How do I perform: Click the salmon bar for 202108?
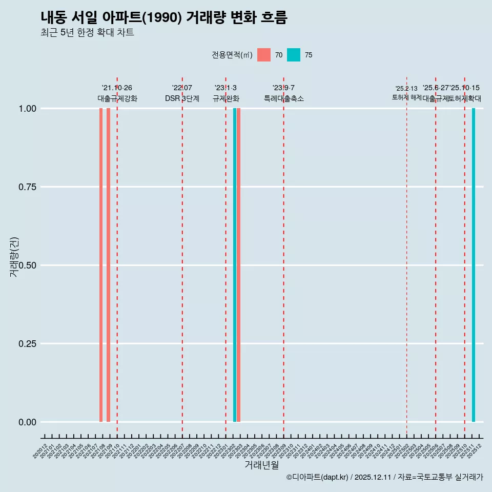(101, 265)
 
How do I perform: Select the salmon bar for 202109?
(108, 265)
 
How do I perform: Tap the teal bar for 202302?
(235, 265)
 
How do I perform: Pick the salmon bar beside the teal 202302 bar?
(239, 265)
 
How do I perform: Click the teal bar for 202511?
(474, 265)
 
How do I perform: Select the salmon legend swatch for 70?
(264, 55)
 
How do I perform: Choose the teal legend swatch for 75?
(294, 55)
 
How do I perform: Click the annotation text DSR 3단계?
(182, 98)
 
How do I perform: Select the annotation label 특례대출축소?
(284, 98)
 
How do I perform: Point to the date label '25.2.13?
(406, 88)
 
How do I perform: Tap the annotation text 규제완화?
(226, 98)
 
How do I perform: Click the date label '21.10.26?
(117, 88)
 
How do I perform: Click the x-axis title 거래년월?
(262, 465)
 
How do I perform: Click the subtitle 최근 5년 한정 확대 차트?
(87, 33)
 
